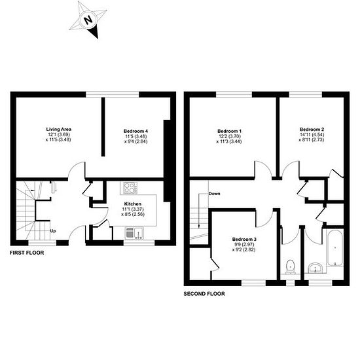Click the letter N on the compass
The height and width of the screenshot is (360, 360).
coord(88,20)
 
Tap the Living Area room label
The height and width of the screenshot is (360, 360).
coord(58,129)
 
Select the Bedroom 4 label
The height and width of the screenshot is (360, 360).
coord(135,131)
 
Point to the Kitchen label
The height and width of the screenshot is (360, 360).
coord(133,204)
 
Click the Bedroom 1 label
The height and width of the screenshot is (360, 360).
coord(229,131)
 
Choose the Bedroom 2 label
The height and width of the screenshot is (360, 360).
coord(312,129)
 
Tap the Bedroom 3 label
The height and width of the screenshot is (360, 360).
coord(244,239)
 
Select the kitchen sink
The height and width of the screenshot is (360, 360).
coord(134,233)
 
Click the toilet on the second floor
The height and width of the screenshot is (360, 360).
coord(291,267)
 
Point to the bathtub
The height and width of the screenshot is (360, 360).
coord(335,248)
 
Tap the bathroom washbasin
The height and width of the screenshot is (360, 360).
coord(315,268)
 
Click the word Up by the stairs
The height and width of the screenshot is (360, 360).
coord(53,231)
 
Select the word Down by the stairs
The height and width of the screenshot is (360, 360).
coord(214,194)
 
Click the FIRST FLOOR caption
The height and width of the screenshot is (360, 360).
coord(27,253)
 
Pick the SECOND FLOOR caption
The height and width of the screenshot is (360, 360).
coord(204,294)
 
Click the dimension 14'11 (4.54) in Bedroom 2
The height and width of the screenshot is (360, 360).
coord(312,135)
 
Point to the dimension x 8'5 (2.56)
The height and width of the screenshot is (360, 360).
coord(133,215)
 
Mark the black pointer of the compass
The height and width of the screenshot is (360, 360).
coord(94,32)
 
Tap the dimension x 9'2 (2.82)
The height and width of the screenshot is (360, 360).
coord(244,249)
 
